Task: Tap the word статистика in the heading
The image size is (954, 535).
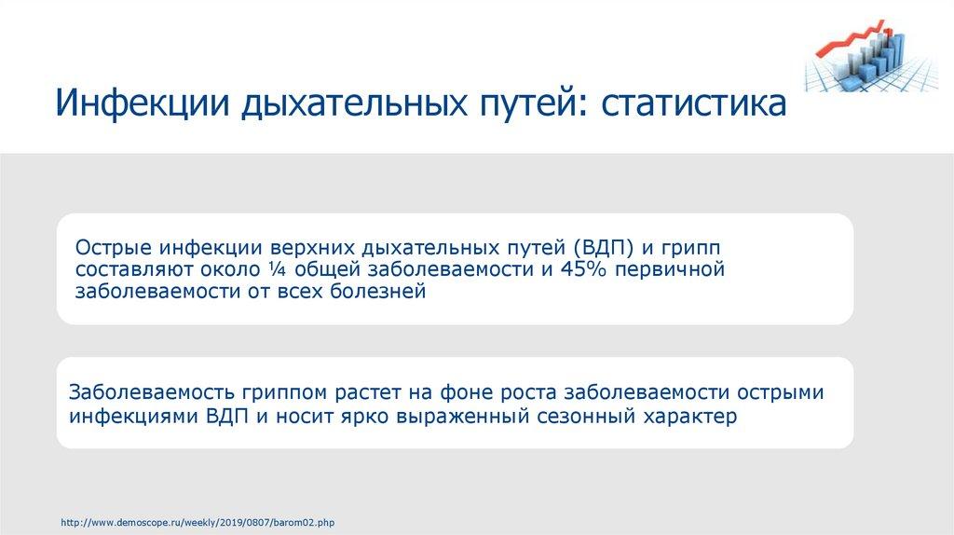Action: click(693, 103)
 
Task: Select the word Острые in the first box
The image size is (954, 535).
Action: click(113, 249)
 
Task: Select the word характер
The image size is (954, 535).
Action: click(690, 416)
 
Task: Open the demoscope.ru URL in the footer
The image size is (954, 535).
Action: click(198, 523)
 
